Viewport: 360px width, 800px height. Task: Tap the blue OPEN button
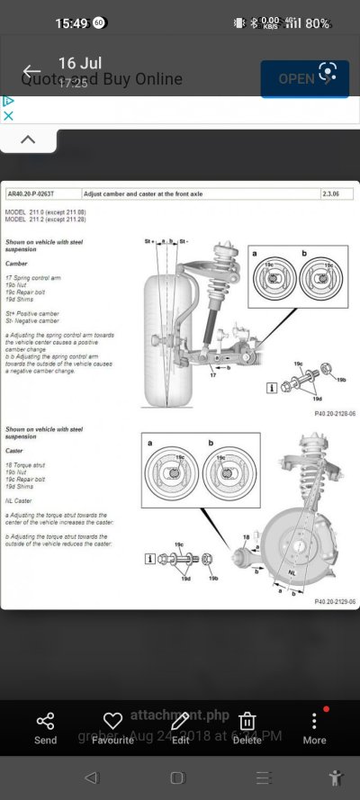coord(304,78)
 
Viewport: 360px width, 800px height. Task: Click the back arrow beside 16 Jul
coord(32,72)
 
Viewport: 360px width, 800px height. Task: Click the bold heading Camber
coord(16,265)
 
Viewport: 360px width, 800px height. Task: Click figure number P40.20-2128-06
coord(334,413)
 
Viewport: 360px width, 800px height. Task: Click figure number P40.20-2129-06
coord(334,601)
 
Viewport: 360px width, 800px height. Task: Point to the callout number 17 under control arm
coord(212,374)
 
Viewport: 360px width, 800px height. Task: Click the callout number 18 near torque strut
coord(245,536)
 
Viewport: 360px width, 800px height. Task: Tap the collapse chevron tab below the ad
coord(28,139)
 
